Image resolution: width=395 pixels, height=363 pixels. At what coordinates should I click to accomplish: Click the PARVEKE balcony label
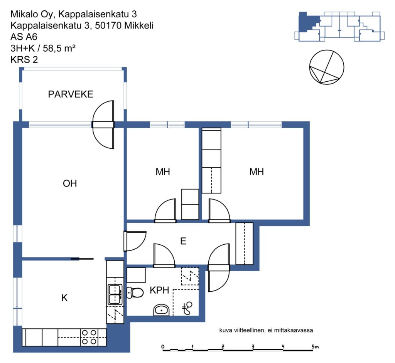tap(71, 94)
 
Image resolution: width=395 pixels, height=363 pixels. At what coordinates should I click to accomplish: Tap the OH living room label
tap(70, 183)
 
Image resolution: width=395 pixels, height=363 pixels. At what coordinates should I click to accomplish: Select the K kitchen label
tap(64, 298)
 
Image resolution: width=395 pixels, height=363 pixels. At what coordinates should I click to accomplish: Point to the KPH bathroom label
tap(159, 290)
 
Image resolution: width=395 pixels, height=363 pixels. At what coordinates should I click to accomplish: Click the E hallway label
tap(183, 241)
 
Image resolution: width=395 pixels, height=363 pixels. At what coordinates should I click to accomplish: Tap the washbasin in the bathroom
tap(162, 310)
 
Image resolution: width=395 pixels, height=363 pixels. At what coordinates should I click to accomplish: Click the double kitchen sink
tap(115, 294)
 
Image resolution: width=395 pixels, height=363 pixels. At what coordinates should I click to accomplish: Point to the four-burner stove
tap(89, 337)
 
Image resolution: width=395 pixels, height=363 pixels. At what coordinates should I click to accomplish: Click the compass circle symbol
tap(326, 67)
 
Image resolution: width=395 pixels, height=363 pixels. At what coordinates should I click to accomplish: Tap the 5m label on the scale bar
tap(315, 347)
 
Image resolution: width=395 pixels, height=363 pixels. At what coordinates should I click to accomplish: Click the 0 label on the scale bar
tap(163, 347)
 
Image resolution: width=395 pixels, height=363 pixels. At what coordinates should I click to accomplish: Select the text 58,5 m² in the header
tap(59, 48)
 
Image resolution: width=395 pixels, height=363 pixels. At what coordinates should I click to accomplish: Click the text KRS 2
tap(24, 60)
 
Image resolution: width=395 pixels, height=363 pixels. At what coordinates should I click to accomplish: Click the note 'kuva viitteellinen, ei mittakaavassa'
tap(266, 330)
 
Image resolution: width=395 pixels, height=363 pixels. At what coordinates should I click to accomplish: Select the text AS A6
tap(24, 37)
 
